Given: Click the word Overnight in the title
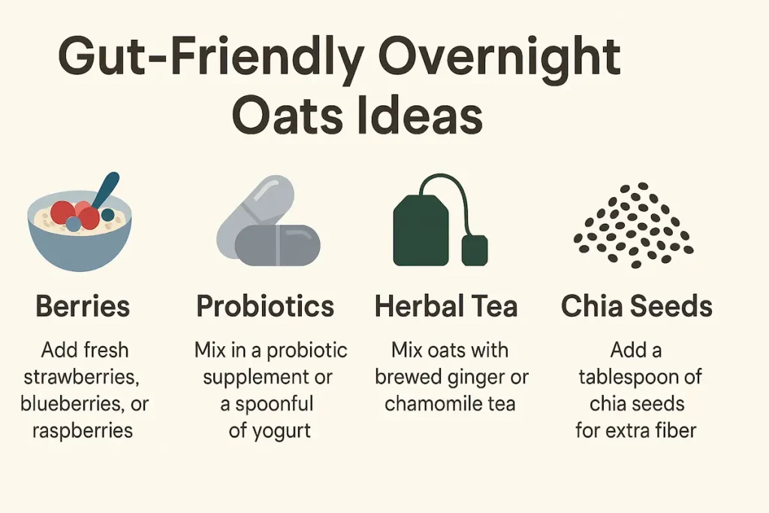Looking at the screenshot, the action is pos(499,58).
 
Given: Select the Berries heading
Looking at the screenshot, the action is pos(83,306).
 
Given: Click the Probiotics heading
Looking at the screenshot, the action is pos(265,306).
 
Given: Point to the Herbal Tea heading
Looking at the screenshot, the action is pos(446,306).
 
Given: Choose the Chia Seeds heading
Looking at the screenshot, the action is pos(637,306).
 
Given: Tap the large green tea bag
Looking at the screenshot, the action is pos(421,230).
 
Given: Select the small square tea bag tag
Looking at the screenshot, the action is pos(475,250).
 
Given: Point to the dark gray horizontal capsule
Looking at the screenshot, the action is pos(278,245).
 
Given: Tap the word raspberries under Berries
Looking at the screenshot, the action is pos(83,431).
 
